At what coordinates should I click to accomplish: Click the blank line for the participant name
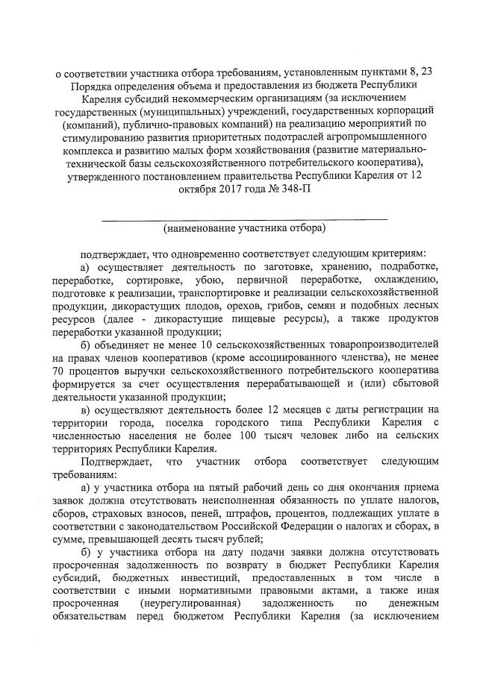coord(244,217)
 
